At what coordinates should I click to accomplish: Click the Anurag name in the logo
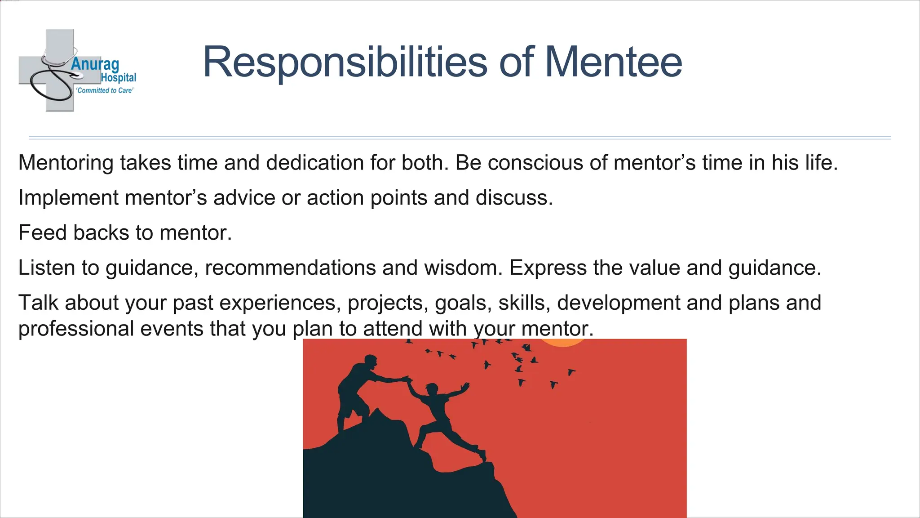[95, 64]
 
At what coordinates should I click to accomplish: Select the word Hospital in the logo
[118, 78]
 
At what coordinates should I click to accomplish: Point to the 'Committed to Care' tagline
[105, 90]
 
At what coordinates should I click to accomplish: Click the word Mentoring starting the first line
[66, 163]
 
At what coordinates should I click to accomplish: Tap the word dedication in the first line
[314, 163]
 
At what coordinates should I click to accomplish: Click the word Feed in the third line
[42, 233]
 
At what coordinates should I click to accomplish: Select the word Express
[548, 268]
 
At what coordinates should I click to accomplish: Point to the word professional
[76, 329]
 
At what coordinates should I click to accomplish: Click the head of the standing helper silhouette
[371, 361]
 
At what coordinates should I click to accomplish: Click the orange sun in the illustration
[563, 343]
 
